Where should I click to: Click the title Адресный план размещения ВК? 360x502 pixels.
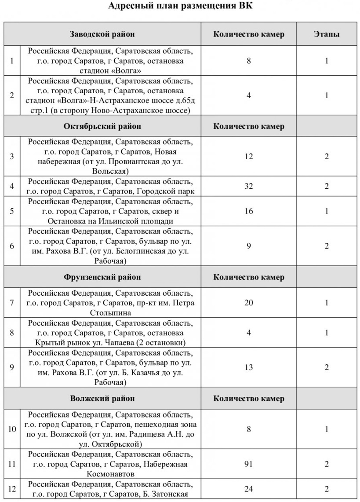tap(180, 7)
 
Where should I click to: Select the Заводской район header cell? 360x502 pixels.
tap(102, 34)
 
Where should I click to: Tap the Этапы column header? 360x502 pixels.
tap(327, 34)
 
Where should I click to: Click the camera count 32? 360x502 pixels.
tap(249, 186)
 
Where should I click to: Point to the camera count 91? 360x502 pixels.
tap(249, 463)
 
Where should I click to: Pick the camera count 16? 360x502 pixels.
tap(249, 211)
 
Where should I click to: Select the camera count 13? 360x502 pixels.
tap(249, 367)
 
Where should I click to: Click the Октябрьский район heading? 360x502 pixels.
tap(102, 126)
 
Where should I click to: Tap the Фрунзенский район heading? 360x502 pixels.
tap(102, 277)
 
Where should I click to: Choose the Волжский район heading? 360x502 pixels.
tap(102, 399)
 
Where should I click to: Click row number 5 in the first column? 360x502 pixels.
tap(12, 211)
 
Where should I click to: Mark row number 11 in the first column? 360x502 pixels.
tap(12, 463)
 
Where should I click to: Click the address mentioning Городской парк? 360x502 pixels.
tap(110, 186)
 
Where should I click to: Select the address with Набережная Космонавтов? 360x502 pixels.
tap(110, 464)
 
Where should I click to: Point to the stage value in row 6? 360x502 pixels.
tap(327, 246)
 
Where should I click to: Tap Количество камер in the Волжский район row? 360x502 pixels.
tap(249, 399)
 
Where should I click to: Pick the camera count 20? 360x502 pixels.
tap(249, 303)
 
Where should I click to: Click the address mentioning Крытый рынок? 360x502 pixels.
tap(110, 333)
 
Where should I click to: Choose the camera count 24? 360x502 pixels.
tap(249, 488)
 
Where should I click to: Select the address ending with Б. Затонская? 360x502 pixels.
tap(110, 489)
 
